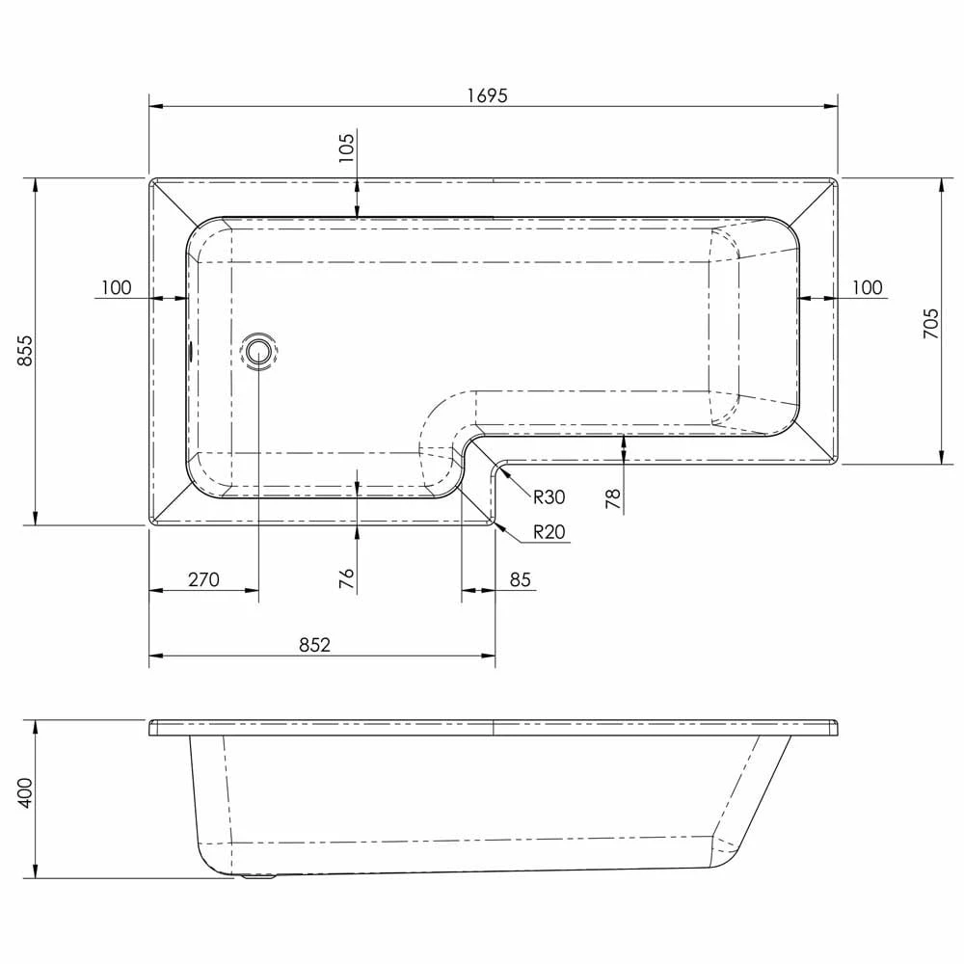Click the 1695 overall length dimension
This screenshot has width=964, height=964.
point(490,94)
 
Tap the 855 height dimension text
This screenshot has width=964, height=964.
point(25,350)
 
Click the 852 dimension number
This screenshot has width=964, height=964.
point(314,645)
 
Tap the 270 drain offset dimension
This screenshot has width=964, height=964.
point(203,579)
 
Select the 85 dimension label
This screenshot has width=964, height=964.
point(521,579)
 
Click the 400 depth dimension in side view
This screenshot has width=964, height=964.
point(25,792)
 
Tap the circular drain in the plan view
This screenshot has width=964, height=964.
point(259,351)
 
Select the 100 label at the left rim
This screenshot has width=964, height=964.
point(115,287)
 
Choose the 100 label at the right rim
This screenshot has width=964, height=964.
point(868,287)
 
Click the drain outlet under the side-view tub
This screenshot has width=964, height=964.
point(258,877)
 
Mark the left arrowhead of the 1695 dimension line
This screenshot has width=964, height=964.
point(155,107)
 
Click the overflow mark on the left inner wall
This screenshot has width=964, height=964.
point(191,351)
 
